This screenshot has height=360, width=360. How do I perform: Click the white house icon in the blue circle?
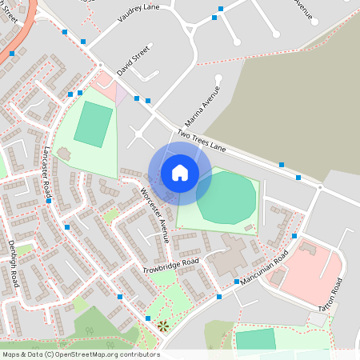pos(179,172)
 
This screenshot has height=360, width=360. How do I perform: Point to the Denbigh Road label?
pos(14,263)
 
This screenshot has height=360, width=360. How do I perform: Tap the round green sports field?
pos(226,197)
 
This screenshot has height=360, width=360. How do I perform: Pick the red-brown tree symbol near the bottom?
pos(162,325)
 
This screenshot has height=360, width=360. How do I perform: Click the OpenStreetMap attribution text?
pos(80,354)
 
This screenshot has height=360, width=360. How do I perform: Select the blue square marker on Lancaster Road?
pos(50,200)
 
